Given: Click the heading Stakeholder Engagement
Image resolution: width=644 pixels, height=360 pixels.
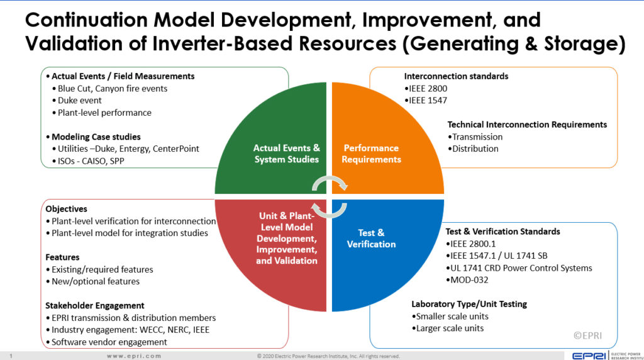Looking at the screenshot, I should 94,305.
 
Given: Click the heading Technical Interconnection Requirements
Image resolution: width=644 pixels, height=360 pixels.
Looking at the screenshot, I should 527,125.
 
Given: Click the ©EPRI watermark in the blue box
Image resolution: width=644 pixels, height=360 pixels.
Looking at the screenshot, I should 587,335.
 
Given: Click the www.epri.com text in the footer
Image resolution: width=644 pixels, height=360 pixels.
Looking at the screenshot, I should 133,356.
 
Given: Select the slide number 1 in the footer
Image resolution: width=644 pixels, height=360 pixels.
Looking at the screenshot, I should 11,356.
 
